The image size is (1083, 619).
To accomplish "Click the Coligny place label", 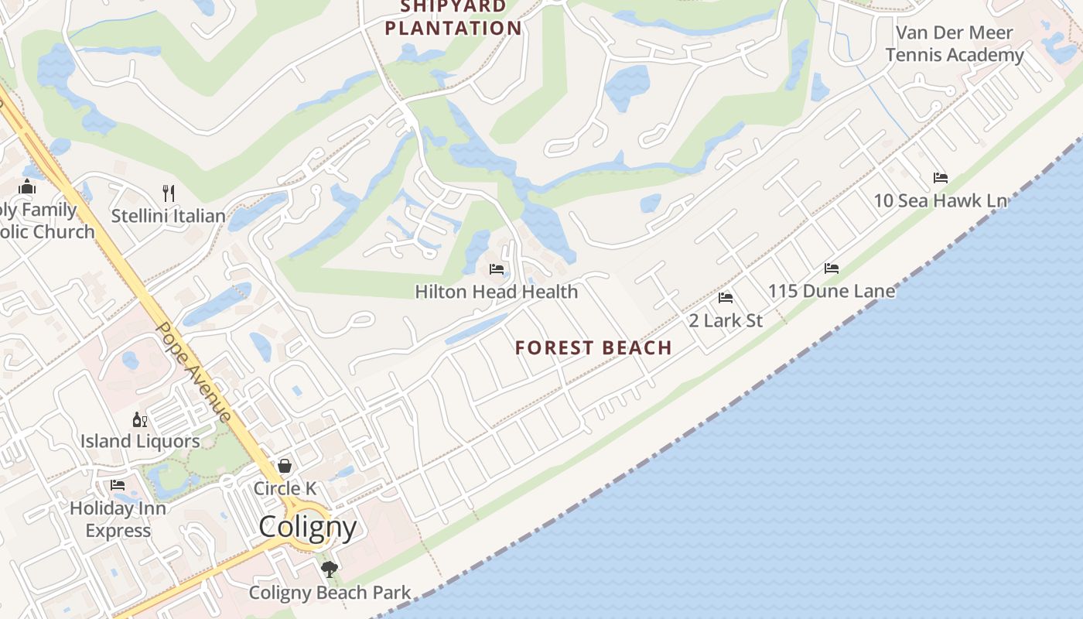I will [307, 527].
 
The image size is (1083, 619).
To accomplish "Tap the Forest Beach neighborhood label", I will [593, 348].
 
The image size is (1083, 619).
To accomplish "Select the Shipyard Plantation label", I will [453, 19].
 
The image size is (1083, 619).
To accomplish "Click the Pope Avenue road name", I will [193, 371].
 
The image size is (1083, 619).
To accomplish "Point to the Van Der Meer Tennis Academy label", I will [955, 44].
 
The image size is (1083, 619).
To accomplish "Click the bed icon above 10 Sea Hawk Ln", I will [941, 178].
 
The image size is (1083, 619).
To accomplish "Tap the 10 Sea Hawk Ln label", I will [941, 201].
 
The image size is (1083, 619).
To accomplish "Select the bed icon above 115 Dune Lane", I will [832, 268].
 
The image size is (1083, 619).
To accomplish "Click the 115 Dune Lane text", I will [832, 292].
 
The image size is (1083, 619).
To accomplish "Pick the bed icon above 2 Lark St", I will [726, 297].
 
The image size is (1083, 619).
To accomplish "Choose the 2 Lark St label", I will [726, 320].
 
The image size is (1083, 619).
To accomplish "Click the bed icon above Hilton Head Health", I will [497, 269].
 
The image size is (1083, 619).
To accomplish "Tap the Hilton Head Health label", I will [497, 292].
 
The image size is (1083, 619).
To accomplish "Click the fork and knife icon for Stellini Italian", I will [169, 193].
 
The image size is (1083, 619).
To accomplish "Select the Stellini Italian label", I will [169, 216].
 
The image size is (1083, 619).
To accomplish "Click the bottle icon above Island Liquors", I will [140, 419].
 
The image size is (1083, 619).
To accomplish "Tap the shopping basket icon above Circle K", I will [285, 466].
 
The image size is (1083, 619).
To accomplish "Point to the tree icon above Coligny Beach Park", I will [330, 570].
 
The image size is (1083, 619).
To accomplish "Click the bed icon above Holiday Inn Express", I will [118, 485].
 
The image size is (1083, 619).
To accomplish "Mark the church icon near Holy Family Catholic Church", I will [28, 186].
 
